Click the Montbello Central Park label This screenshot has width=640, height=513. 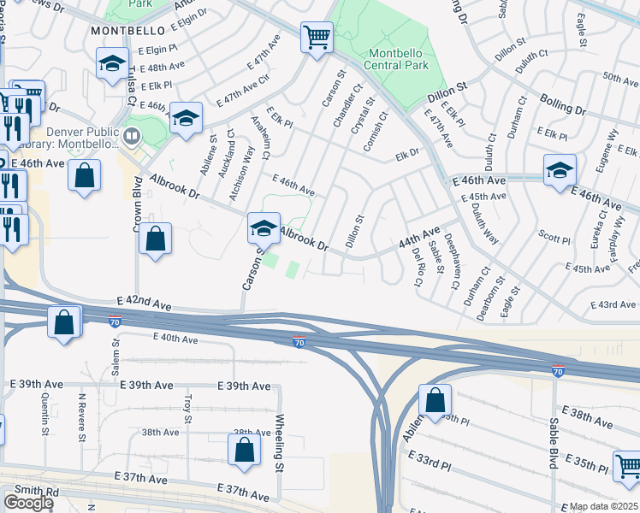coord(396,58)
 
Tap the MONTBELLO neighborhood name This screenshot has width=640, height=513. coord(127,30)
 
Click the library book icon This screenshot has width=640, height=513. coord(132,136)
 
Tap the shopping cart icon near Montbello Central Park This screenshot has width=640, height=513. coord(317,37)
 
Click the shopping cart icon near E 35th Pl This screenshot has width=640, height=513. coord(628,466)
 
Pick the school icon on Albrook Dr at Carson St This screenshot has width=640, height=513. coord(264,227)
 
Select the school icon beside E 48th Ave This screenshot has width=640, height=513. coord(111,65)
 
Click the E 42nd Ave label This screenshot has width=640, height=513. coord(145,303)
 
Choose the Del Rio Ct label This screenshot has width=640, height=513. coord(418,268)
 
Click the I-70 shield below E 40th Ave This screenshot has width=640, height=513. coord(298,342)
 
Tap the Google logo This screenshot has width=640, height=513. coord(28,503)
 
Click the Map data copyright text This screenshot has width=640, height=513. coord(604,506)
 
